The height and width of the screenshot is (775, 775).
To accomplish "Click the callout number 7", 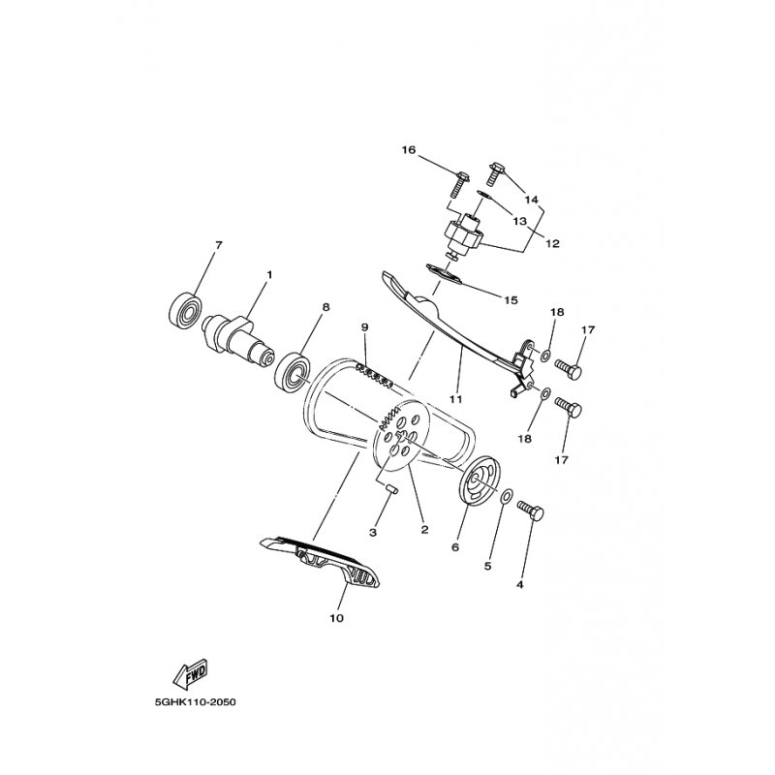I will coord(219,245).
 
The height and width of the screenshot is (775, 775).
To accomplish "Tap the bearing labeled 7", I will coord(184,309).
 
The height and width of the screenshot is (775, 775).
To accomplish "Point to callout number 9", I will coord(364,326).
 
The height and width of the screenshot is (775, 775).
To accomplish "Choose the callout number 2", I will coord(423,529).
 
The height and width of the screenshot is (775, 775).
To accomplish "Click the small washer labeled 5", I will coord(507,496).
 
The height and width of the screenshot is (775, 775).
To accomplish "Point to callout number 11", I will coord(455,398).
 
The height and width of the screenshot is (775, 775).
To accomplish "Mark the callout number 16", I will coord(409,150).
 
